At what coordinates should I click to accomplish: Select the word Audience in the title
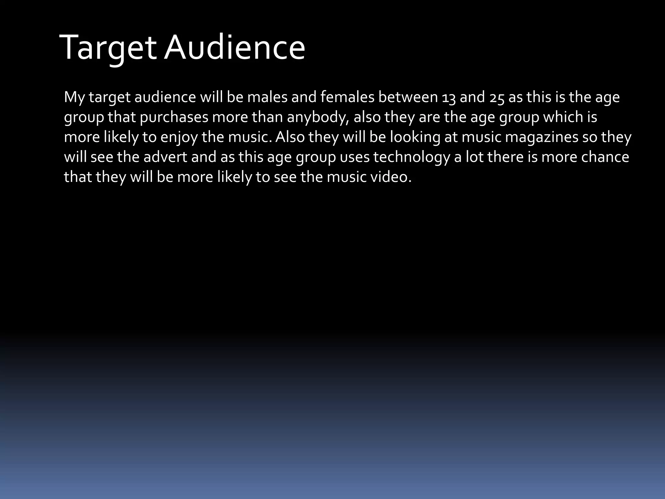[x=234, y=48]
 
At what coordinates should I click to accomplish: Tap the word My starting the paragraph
[x=74, y=97]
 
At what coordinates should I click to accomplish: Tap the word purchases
[x=174, y=117]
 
